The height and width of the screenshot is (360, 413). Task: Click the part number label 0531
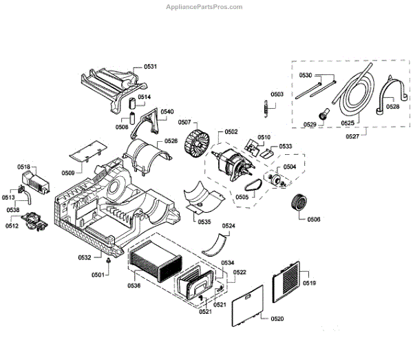[150, 66]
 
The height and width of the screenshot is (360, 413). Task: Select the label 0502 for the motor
[231, 131]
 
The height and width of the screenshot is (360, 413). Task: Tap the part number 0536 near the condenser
[134, 285]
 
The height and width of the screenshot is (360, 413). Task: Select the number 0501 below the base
[98, 275]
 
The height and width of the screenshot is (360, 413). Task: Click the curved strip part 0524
[219, 242]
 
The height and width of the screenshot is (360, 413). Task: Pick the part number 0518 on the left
[23, 167]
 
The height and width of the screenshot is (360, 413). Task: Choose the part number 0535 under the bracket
[204, 222]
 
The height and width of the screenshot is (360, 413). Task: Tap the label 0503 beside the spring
[277, 94]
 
